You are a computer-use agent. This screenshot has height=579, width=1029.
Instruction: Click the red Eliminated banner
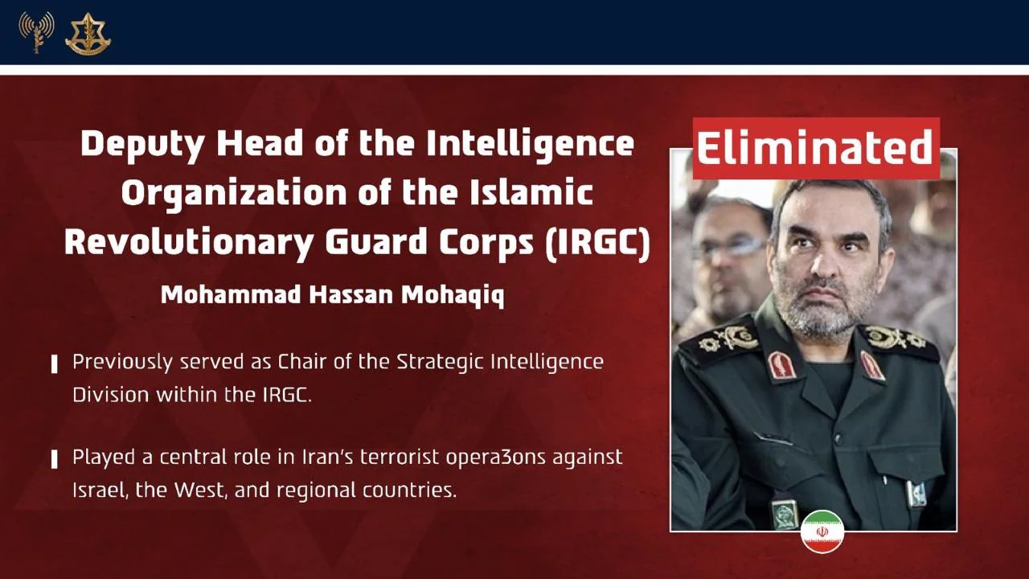click(816, 149)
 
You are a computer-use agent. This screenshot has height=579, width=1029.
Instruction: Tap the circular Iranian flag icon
click(822, 532)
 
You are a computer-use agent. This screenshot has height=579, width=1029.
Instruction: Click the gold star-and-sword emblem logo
click(88, 34)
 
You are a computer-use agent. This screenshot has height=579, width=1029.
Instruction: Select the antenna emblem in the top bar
click(36, 31)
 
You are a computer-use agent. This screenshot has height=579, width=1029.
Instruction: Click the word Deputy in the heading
click(142, 145)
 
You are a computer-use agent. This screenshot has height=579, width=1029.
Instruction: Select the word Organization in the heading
click(234, 193)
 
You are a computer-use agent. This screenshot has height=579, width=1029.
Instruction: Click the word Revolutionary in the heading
click(189, 242)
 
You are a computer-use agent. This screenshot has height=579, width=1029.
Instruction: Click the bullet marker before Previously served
click(54, 364)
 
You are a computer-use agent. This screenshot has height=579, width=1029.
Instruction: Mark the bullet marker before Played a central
click(54, 459)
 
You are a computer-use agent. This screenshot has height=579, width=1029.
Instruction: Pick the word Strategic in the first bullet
click(441, 363)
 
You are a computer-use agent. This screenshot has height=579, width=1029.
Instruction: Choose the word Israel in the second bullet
click(97, 491)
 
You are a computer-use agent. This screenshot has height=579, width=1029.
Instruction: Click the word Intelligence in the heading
click(530, 145)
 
